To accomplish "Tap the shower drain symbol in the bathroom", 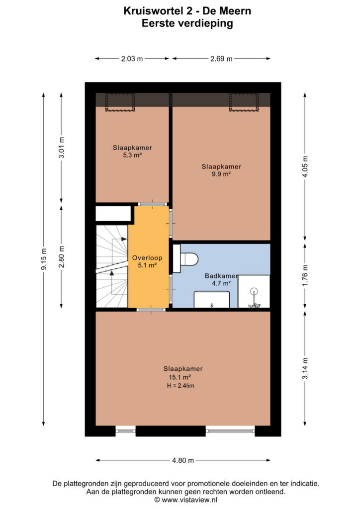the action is click(x=254, y=291).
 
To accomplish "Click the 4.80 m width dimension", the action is click(x=183, y=460).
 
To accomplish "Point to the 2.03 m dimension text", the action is click(x=132, y=59).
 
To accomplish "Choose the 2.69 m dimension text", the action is click(x=221, y=59).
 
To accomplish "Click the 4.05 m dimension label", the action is click(x=305, y=167).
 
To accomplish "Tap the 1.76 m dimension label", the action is click(x=305, y=275).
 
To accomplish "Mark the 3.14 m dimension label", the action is click(x=305, y=368).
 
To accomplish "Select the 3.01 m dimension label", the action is click(x=62, y=148).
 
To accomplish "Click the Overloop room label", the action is click(x=147, y=258).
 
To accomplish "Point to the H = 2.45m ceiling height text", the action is click(x=181, y=386).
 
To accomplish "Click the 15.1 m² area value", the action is click(x=180, y=377).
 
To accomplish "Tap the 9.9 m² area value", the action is click(x=221, y=174).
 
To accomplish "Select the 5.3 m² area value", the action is click(x=132, y=155).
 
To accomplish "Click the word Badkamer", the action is click(x=221, y=276).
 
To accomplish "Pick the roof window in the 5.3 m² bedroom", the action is click(x=120, y=102).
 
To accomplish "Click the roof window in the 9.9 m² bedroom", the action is click(x=244, y=102).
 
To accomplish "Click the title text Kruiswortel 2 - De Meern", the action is click(x=187, y=11).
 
